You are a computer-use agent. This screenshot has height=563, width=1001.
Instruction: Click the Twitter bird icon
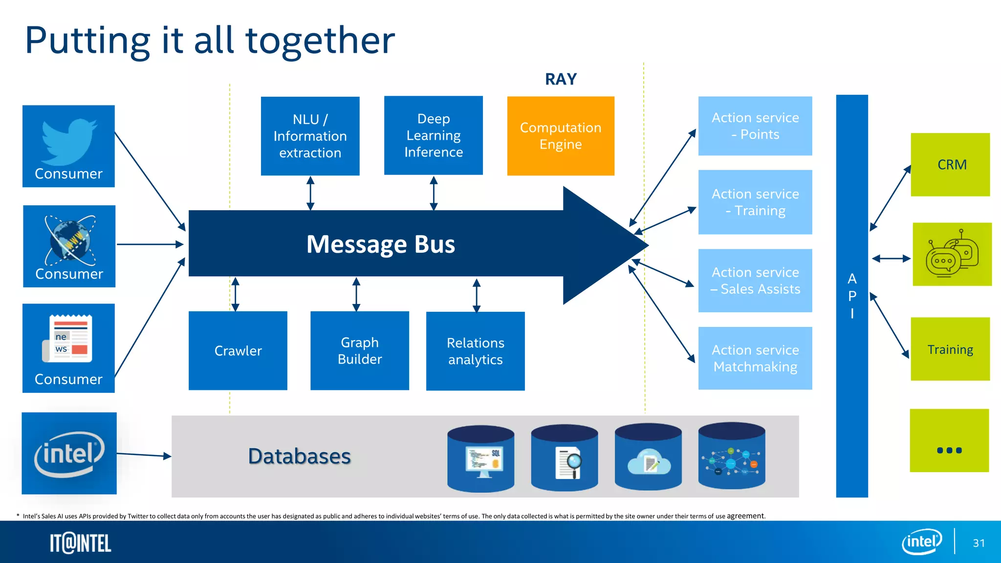(69, 140)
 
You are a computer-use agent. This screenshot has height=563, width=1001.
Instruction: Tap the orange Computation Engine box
(561, 136)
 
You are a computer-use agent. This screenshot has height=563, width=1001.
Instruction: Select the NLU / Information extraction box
(310, 136)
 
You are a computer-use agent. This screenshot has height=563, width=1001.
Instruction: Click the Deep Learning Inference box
(433, 135)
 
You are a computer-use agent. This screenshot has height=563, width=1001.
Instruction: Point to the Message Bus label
(380, 244)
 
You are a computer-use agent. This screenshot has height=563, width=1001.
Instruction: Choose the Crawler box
(238, 350)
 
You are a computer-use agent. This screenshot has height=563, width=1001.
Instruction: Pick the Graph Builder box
(359, 350)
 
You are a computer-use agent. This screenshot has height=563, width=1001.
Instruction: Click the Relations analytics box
(475, 351)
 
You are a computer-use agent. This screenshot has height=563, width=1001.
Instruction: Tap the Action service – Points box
(755, 126)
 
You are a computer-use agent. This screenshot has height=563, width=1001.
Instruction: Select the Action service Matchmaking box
(755, 358)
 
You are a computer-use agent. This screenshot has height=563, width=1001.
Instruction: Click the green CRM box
(950, 165)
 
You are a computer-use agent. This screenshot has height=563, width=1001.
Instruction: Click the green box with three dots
(949, 440)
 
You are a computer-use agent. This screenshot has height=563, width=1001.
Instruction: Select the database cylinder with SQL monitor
(480, 458)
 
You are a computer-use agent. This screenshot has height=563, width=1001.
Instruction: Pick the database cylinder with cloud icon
(648, 457)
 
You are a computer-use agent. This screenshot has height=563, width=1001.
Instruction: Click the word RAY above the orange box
(561, 79)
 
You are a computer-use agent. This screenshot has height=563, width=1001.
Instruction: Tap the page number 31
(979, 543)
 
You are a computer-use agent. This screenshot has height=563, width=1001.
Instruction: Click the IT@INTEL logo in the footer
(81, 543)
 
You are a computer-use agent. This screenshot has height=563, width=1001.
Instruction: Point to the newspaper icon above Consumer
(68, 338)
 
